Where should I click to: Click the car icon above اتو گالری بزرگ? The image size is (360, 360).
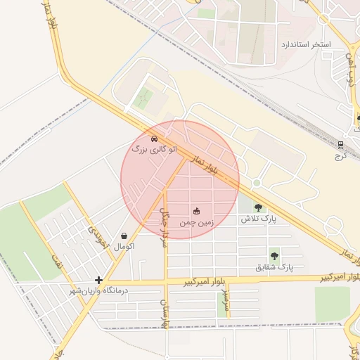[154, 138]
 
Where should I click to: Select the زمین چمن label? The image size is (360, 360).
[196, 221]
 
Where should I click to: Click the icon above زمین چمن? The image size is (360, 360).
[196, 210]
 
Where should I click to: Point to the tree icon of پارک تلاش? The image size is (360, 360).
[258, 207]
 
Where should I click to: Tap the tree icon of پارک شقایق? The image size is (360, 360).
[274, 256]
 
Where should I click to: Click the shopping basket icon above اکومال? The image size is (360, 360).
[124, 236]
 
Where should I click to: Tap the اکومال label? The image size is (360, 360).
[124, 247]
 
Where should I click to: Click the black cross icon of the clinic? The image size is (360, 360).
[99, 279]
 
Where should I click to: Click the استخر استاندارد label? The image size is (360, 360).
[305, 44]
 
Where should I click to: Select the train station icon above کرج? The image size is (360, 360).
[341, 146]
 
